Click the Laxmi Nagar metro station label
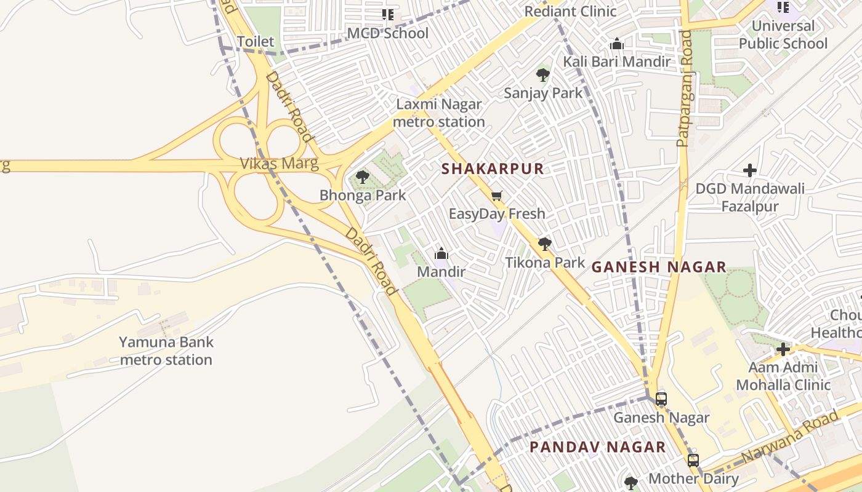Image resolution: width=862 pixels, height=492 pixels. click(439, 113)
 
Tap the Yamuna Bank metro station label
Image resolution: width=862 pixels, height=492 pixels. click(166, 351)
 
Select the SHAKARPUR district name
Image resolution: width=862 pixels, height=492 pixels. click(493, 169)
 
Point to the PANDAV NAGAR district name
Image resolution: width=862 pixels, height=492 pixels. click(597, 447)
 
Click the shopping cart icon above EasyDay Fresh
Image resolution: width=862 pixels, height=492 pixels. click(497, 196)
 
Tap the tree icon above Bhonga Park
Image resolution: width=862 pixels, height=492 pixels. click(363, 177)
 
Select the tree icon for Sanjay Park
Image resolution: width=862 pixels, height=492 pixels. click(542, 75)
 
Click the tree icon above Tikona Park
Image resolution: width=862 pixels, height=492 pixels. click(544, 244)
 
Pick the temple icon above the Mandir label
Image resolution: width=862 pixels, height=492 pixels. click(441, 253)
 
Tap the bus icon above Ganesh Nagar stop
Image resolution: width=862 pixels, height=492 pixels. click(661, 399)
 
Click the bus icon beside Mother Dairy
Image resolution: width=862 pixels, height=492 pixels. click(693, 460)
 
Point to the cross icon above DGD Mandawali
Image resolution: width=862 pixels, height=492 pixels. click(749, 170)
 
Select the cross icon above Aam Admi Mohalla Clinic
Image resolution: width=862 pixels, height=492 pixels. click(783, 349)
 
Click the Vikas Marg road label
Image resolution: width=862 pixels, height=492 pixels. click(279, 164)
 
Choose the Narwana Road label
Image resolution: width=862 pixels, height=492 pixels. click(789, 437)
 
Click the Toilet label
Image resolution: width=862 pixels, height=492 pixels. click(256, 41)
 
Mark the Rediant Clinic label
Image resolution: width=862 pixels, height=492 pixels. click(570, 11)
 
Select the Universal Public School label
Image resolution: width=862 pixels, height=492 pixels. click(783, 34)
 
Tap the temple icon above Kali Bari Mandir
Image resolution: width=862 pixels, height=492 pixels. click(616, 44)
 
